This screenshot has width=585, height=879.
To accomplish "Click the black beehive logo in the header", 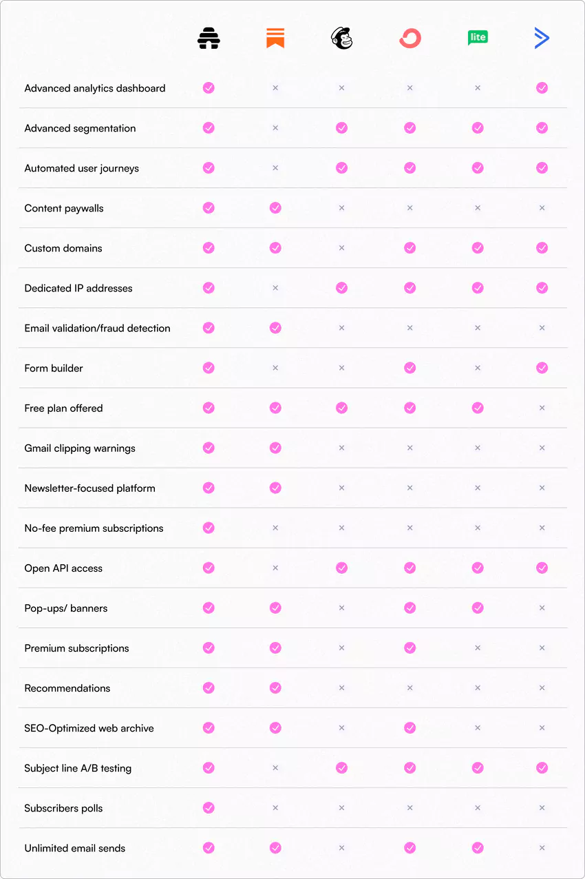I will [x=209, y=38].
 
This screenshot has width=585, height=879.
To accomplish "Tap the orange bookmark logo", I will [x=275, y=38].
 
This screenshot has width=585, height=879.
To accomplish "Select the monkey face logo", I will [x=341, y=38].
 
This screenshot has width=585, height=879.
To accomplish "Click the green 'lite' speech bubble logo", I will [x=478, y=37].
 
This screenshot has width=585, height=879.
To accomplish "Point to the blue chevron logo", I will [x=542, y=38].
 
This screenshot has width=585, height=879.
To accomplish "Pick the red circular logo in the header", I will [x=409, y=39].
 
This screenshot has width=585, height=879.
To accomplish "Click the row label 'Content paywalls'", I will [x=64, y=208].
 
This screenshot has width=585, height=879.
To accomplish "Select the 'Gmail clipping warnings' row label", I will [x=80, y=448].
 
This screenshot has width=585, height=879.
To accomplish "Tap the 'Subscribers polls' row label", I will [x=63, y=808].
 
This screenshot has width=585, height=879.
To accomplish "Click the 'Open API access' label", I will [x=63, y=568].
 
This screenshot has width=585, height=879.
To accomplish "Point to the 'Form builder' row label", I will [x=54, y=368].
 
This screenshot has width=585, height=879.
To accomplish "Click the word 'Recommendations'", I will [x=67, y=688].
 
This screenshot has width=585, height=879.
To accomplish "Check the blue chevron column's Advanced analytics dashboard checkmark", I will [x=542, y=87].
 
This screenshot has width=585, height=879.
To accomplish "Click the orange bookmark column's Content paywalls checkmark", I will [x=275, y=207].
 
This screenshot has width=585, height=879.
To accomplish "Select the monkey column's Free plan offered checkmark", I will [x=341, y=408].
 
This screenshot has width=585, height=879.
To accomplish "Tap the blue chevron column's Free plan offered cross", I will [x=542, y=408].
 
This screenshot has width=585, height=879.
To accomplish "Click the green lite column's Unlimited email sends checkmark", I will [x=478, y=848].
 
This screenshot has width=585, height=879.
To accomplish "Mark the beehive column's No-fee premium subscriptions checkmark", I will [x=209, y=528].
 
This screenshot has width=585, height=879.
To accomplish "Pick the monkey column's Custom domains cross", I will [x=341, y=248].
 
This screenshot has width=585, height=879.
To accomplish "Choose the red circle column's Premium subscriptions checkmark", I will [x=409, y=648].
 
